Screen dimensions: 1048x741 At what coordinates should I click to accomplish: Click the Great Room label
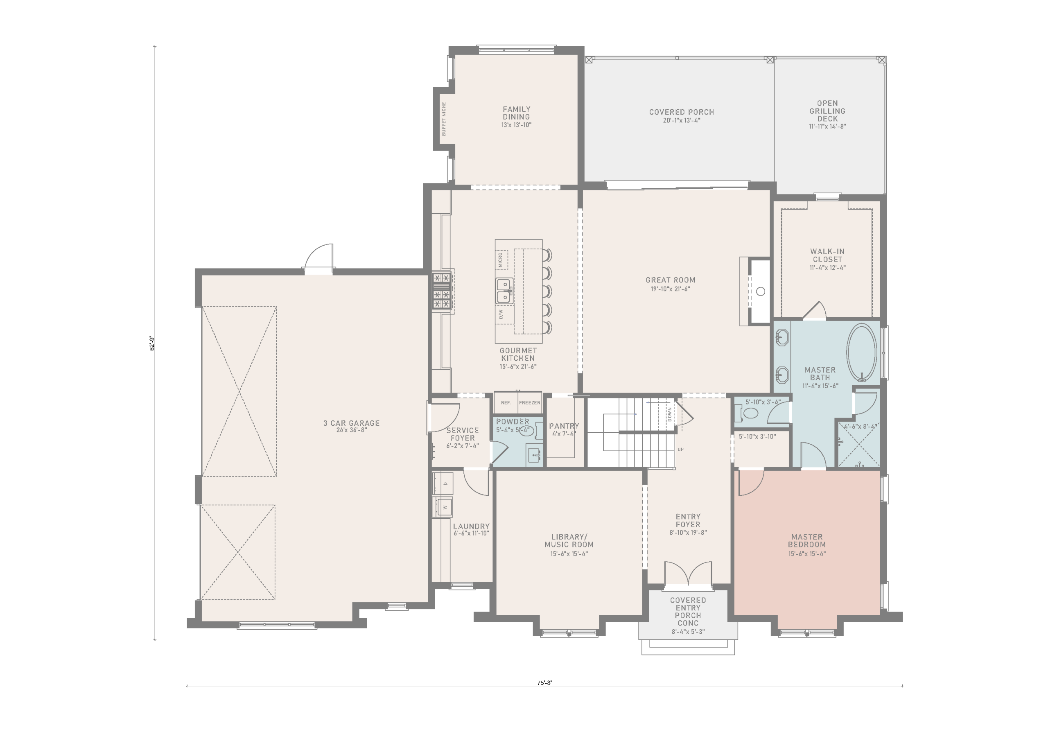(670, 280)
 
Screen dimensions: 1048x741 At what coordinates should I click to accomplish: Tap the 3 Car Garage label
(352, 423)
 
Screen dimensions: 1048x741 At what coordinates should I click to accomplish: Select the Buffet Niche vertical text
(444, 119)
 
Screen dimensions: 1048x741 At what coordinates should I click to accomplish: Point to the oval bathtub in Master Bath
(861, 352)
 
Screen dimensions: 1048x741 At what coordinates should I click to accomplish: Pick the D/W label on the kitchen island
(501, 314)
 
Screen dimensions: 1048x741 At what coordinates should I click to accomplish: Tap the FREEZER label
(529, 403)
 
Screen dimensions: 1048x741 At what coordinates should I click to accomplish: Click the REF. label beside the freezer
(506, 403)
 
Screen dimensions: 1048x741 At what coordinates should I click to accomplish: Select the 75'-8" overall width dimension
(544, 683)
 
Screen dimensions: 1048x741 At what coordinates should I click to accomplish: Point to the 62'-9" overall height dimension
(152, 343)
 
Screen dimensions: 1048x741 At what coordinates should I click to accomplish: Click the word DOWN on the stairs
(670, 414)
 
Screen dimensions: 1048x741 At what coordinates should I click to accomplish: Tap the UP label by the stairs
(680, 450)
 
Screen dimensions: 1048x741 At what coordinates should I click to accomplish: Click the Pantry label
(564, 426)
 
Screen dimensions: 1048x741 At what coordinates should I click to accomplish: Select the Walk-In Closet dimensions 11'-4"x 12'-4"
(827, 268)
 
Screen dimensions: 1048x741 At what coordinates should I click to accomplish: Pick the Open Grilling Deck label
(827, 111)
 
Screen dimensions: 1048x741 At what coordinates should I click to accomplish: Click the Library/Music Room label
(569, 540)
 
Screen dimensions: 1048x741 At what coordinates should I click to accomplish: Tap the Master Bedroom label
(807, 540)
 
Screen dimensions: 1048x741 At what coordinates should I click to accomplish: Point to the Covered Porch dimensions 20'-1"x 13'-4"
(682, 120)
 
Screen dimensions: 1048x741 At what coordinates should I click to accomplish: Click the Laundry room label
(471, 526)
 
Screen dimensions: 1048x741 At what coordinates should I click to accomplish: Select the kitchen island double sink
(504, 291)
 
